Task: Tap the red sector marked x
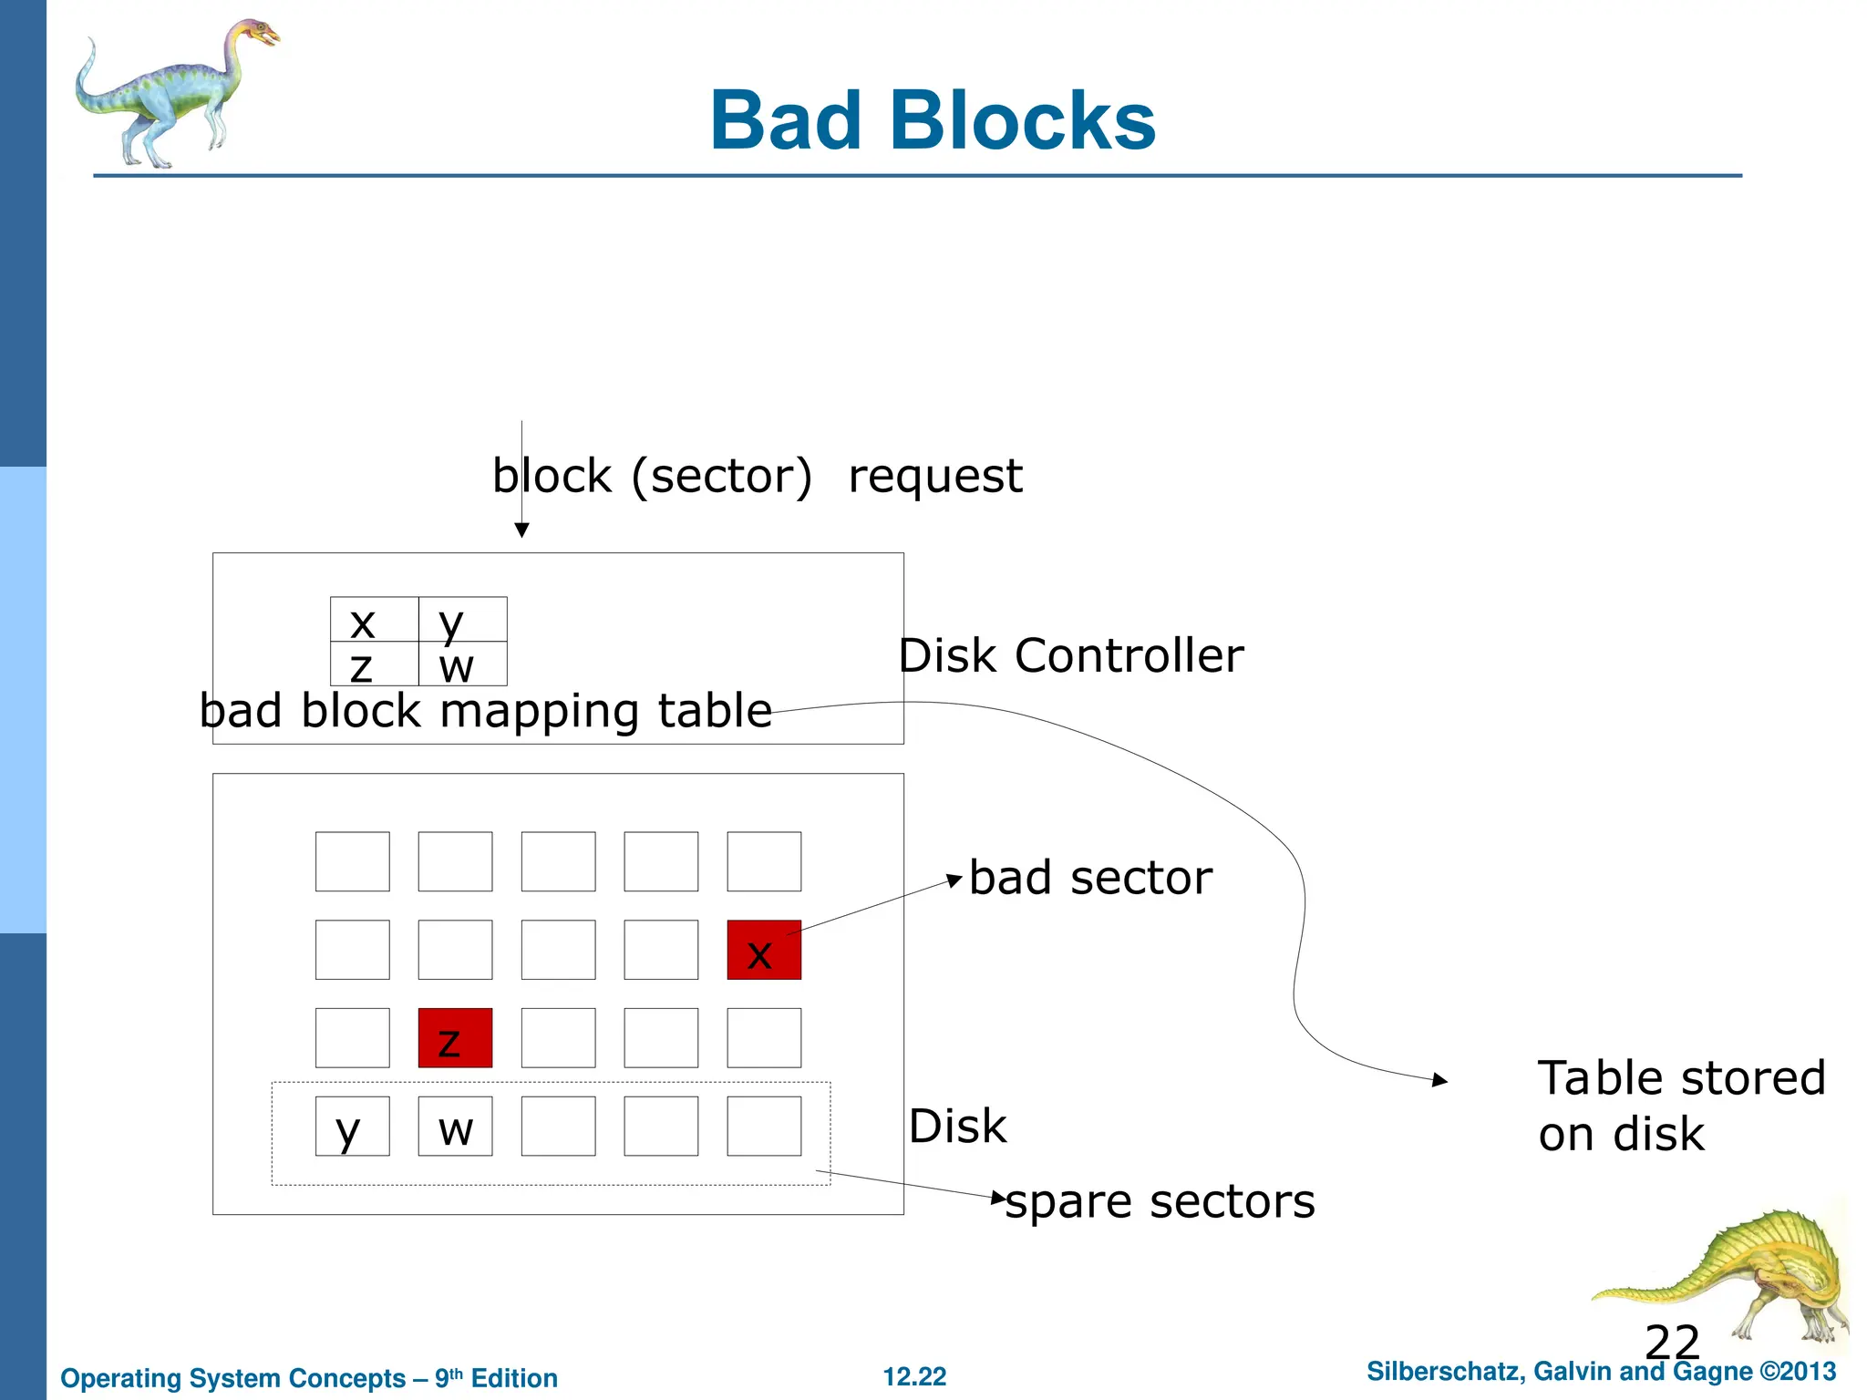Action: pos(764,950)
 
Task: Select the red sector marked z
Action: pos(455,1038)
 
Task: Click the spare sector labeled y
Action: pos(352,1127)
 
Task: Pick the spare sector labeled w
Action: pos(455,1127)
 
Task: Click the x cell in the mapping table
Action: pos(374,620)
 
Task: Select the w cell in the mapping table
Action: pos(462,664)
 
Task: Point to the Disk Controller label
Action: pos(1070,655)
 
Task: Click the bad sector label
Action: pos(1090,878)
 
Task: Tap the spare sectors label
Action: pos(1160,1201)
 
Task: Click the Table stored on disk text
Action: pos(1681,1106)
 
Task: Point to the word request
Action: pos(935,476)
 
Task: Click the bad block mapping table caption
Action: pos(486,710)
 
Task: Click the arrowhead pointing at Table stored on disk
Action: pos(1439,1080)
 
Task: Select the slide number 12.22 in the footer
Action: pos(914,1376)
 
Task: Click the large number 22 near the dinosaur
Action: pos(1672,1343)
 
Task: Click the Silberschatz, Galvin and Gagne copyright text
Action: pos(1601,1372)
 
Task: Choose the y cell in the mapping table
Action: pos(462,620)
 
